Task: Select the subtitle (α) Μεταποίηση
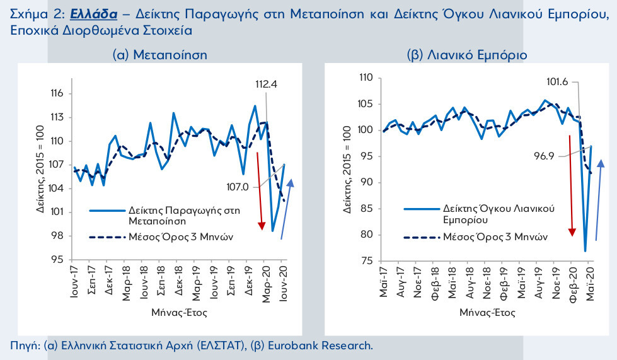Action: (159, 55)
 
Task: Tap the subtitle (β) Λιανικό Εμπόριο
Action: (467, 55)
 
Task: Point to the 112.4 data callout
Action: (268, 84)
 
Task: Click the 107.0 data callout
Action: (238, 187)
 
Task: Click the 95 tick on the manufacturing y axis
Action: (58, 260)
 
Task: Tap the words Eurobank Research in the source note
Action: (321, 345)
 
